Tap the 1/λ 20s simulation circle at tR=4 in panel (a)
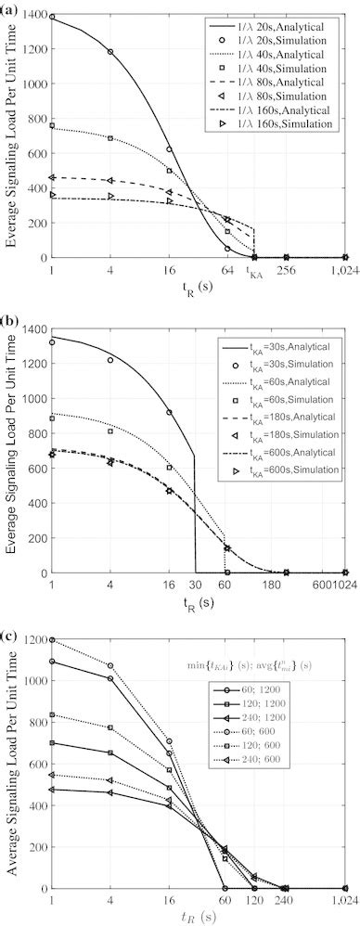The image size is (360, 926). [x=110, y=52]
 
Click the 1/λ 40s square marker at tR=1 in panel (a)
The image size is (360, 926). [x=52, y=125]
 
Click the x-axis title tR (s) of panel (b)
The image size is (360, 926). [x=199, y=600]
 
